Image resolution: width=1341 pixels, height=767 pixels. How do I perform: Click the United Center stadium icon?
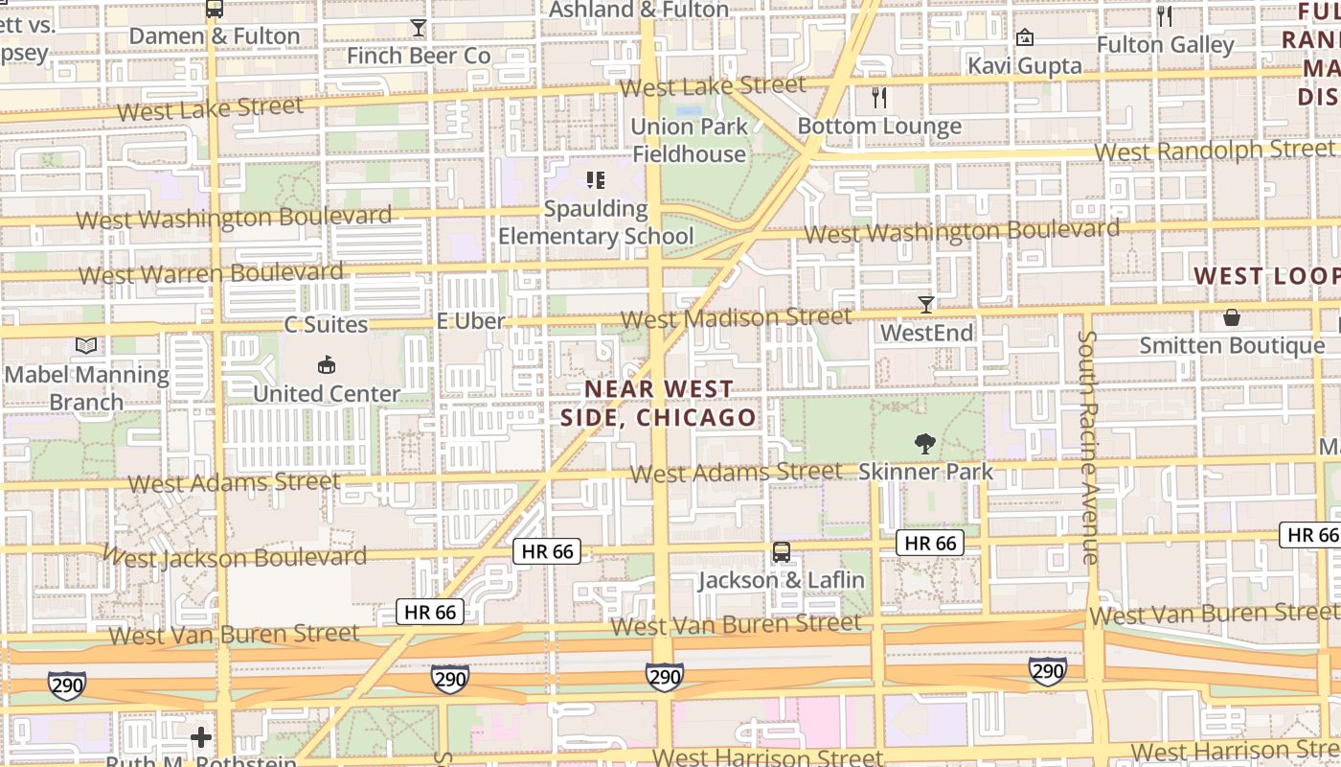tap(326, 365)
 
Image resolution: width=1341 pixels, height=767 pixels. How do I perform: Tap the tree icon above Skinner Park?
tap(925, 443)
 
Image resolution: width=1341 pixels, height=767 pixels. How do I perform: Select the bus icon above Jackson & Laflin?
tap(782, 552)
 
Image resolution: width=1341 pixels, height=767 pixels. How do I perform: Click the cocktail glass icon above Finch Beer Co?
tap(418, 28)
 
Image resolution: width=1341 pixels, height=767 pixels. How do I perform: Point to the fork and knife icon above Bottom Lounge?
tap(879, 97)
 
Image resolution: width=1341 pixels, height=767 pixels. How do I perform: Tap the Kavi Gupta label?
tap(1024, 65)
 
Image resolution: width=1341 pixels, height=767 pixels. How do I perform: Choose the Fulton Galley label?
tap(1165, 44)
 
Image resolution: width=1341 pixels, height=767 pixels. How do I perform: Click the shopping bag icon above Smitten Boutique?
tap(1231, 317)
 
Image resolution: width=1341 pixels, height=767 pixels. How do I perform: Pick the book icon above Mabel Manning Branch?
tap(86, 345)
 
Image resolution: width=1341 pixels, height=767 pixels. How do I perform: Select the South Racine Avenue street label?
tap(1089, 447)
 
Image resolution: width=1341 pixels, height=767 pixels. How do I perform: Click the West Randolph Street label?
tap(1214, 151)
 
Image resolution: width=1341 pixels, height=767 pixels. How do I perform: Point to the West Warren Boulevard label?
tap(211, 274)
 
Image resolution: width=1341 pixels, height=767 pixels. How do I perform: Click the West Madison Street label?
tap(736, 317)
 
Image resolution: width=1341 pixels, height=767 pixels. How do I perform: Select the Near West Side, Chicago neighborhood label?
tap(659, 404)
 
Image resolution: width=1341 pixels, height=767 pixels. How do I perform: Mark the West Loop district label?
tap(1266, 276)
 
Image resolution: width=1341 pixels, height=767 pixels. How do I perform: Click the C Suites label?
tap(326, 324)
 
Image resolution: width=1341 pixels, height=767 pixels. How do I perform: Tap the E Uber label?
tap(470, 321)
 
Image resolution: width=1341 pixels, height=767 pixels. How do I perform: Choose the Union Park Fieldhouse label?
tap(688, 140)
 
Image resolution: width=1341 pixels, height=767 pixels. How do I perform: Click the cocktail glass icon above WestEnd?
tap(925, 305)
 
